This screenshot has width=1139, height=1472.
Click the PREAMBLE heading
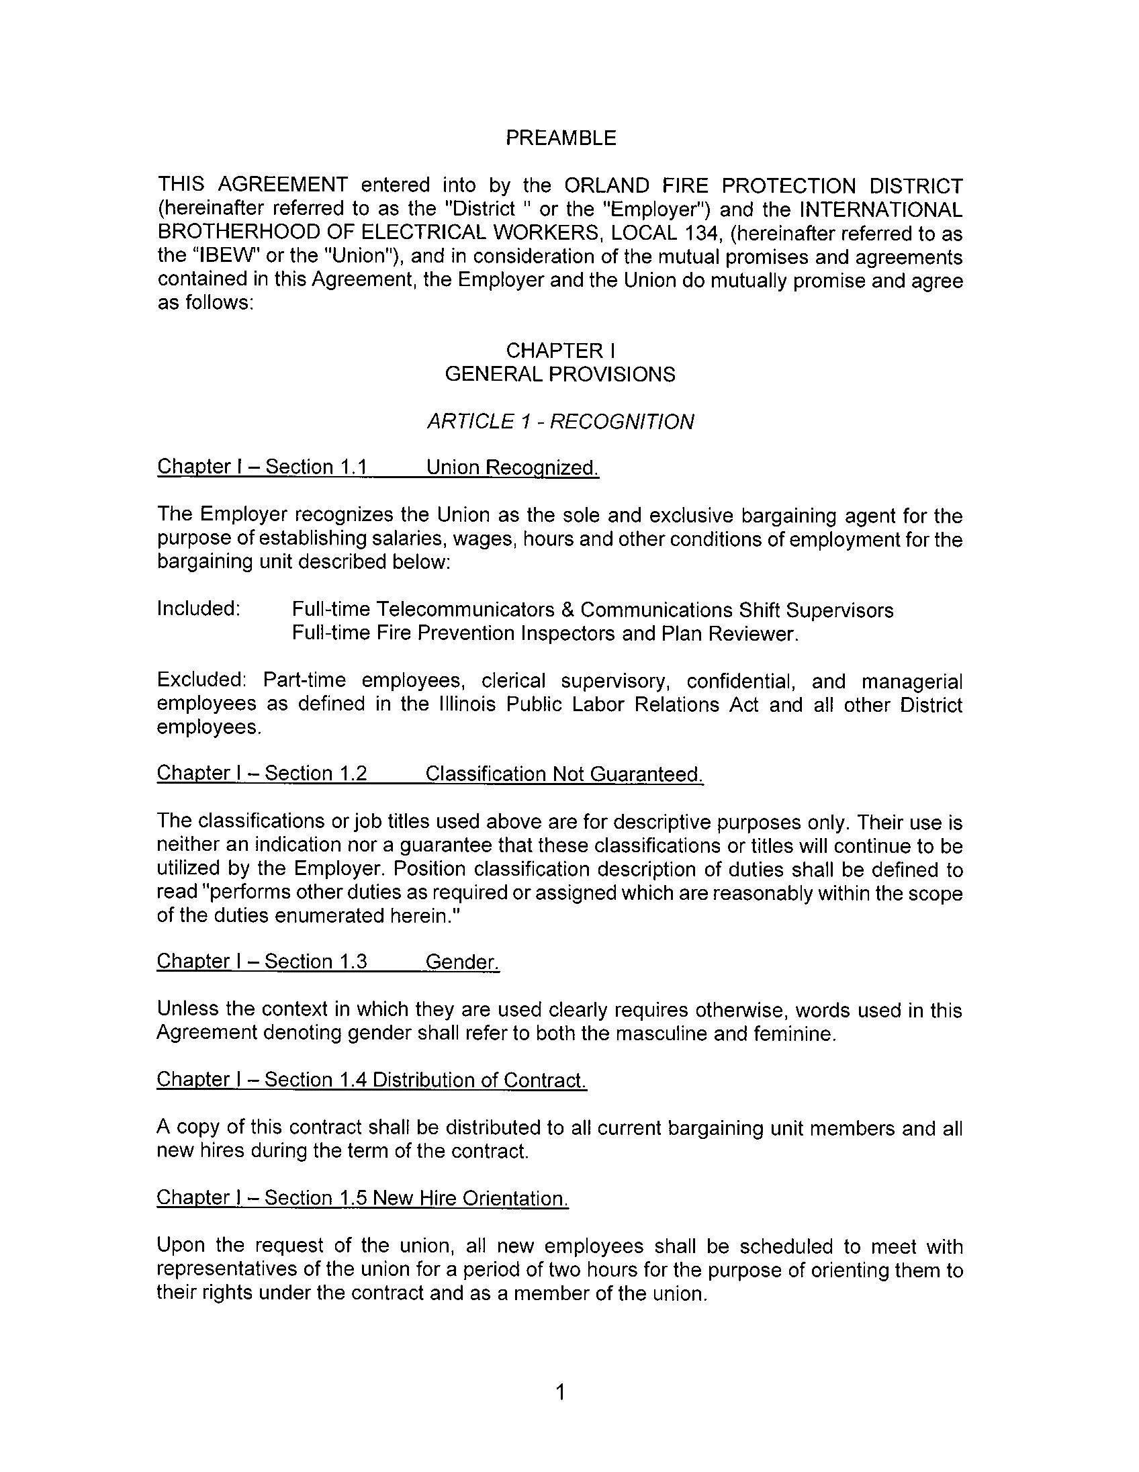tap(561, 138)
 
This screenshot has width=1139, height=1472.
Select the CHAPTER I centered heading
tap(561, 351)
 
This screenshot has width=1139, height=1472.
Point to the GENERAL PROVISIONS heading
tap(560, 374)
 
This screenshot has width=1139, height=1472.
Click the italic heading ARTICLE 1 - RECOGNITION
tap(560, 422)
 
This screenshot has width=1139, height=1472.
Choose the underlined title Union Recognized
tap(512, 467)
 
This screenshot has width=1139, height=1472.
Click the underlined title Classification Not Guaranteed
tap(564, 774)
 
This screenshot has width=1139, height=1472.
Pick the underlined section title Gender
tap(462, 962)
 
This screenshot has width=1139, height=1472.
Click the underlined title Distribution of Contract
tap(480, 1080)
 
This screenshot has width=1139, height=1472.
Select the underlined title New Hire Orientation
tap(470, 1198)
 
